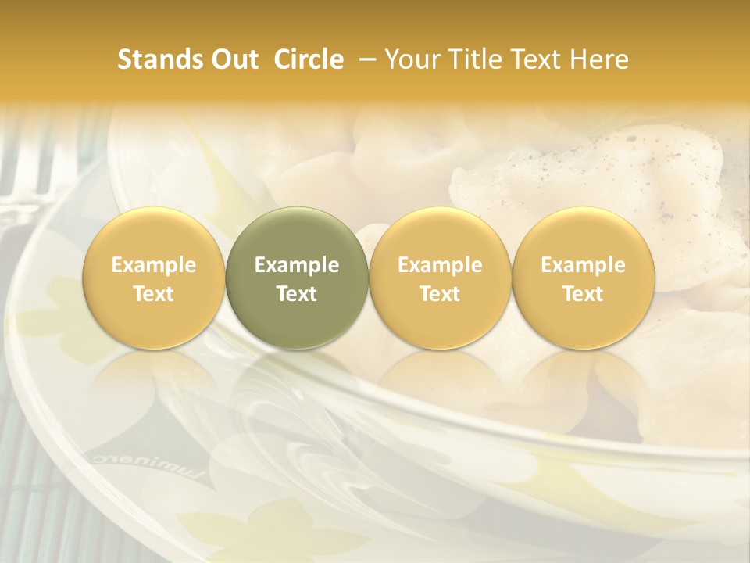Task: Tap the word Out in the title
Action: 233,59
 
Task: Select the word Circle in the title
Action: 309,59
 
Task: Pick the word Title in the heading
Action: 477,59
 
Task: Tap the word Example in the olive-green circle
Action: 297,265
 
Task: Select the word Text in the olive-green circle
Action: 297,294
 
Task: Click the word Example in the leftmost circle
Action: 154,265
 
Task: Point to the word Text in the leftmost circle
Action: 154,294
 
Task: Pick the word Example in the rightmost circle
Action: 583,265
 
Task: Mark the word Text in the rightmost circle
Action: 583,294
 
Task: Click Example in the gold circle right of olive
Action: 440,265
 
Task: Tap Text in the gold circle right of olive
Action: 440,294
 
